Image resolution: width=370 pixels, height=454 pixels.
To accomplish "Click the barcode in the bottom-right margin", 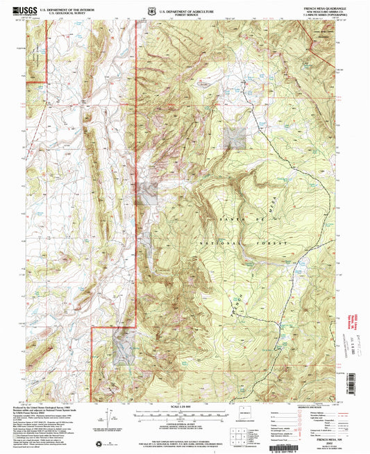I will (334, 442).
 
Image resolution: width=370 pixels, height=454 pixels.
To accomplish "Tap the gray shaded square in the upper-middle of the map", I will (235, 137).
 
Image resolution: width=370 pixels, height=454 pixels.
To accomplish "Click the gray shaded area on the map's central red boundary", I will (147, 193).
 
